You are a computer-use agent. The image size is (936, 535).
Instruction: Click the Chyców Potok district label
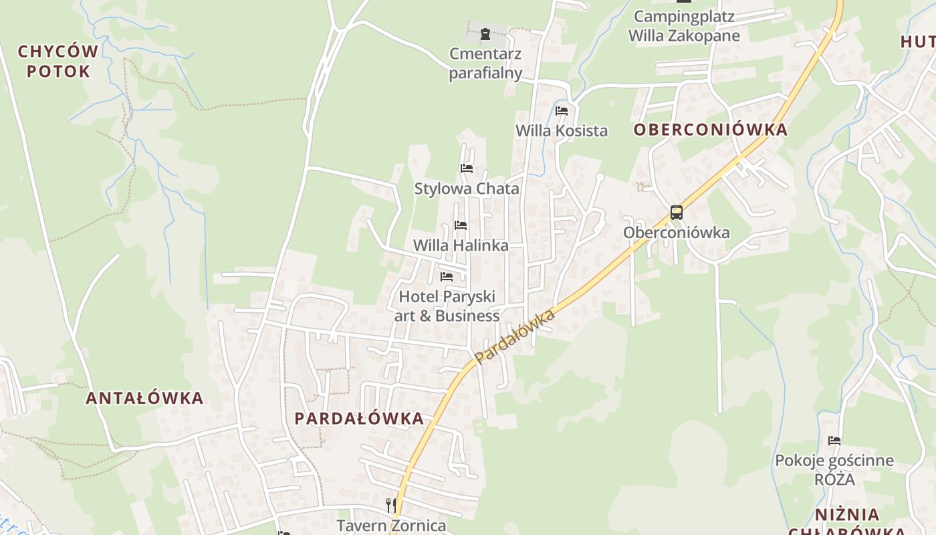tap(58, 61)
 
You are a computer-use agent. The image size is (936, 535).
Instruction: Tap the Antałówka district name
tap(144, 399)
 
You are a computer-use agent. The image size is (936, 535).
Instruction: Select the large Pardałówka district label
tap(359, 419)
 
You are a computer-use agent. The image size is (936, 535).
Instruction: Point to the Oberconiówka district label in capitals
tap(711, 130)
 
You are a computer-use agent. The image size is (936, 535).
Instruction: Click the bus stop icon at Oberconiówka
tap(677, 213)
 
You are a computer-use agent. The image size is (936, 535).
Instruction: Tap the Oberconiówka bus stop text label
tap(677, 233)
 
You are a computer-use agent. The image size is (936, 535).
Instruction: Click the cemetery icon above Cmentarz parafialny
tap(485, 33)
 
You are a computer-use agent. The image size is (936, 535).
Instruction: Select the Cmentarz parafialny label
tap(485, 63)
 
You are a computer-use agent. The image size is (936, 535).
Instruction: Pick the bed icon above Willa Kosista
tap(562, 110)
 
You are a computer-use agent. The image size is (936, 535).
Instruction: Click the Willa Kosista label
tap(562, 130)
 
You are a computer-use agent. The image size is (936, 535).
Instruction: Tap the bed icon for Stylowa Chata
tap(467, 168)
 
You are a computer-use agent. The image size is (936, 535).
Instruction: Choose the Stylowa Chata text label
tap(467, 189)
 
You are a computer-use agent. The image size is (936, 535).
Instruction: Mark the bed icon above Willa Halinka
tap(461, 225)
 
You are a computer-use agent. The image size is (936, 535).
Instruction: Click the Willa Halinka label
tap(461, 245)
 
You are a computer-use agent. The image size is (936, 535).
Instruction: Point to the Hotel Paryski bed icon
tap(447, 276)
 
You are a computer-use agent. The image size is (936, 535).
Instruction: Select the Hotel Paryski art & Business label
tap(447, 306)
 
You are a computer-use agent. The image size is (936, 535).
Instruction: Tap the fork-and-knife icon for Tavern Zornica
tap(391, 505)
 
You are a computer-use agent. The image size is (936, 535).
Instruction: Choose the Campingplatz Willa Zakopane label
tap(684, 26)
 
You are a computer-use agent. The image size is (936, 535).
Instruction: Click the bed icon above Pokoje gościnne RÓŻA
tap(834, 441)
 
